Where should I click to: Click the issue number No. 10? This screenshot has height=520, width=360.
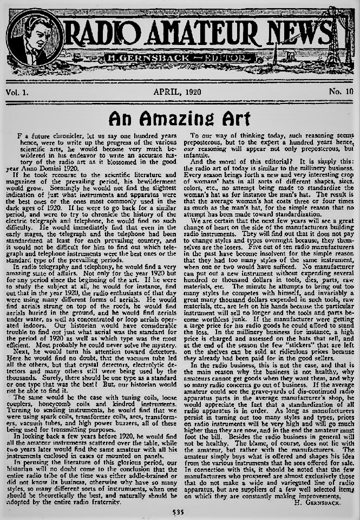click(341, 91)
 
